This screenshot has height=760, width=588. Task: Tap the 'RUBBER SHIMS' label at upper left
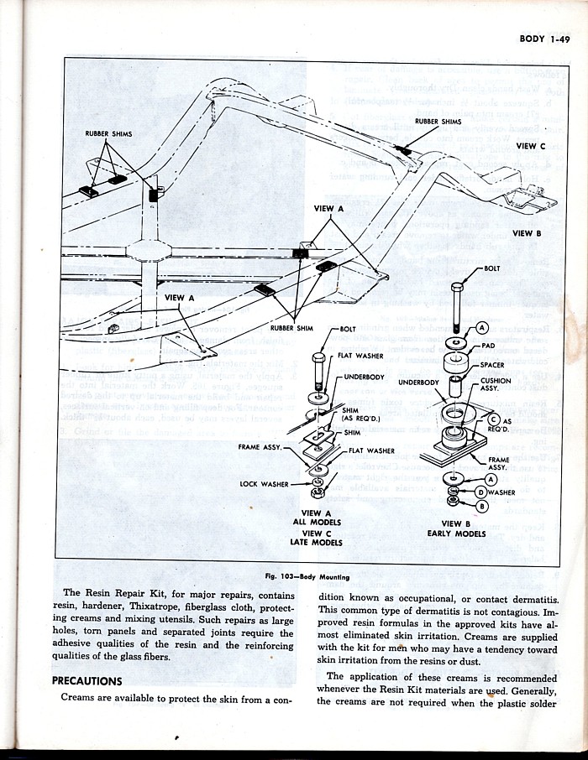108,133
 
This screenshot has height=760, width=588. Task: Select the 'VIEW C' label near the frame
526,146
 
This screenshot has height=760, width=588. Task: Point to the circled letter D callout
480,492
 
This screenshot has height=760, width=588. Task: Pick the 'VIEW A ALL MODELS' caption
316,517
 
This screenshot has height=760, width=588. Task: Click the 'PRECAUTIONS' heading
87,680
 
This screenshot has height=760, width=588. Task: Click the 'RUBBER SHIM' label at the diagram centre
291,328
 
